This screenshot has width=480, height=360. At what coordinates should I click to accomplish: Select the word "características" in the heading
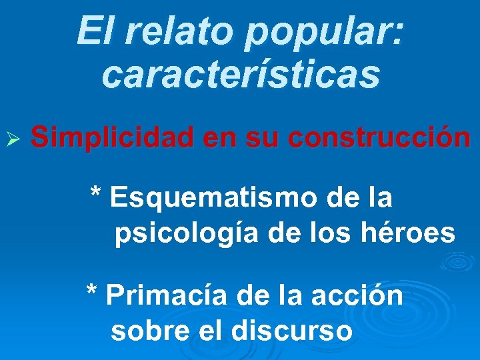point(241,74)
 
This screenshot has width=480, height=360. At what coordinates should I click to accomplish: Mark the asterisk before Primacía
point(92,292)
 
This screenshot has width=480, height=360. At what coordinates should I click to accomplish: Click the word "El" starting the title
point(91,31)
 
